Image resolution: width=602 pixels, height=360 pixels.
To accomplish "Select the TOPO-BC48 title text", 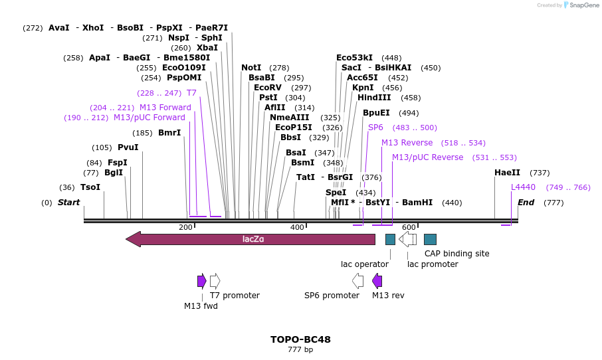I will pos(300,339).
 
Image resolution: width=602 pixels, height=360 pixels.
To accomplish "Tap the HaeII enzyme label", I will pos(507,173).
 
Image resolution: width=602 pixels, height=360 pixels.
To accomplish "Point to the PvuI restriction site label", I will pos(128,147).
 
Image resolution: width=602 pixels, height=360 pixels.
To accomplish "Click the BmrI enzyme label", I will pos(169,133).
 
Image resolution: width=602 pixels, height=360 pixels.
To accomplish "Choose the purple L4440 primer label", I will pos(523,187).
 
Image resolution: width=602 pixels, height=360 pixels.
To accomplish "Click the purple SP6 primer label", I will pos(375,128).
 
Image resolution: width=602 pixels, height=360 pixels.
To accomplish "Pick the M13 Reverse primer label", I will pos(407,143).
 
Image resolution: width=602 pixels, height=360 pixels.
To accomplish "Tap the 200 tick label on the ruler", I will pos(185,228).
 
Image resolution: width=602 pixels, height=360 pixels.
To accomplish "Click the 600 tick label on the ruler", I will pos(409,228).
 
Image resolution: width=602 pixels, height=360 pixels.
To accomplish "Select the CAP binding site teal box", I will pos(430,239).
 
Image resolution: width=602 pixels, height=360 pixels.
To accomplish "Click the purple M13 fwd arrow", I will pos(201,281).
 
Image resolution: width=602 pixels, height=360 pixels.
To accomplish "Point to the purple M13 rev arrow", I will pos(377,281).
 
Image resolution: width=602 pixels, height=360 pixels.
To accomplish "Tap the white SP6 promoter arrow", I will pos(357,281).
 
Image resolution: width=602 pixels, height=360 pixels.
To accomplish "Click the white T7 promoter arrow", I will pos(215,281).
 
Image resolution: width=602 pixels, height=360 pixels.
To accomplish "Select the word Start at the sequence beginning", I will pos(68,203).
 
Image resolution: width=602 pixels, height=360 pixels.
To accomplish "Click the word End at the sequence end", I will pos(526,203).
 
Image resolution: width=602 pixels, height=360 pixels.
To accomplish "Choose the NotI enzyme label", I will pos(251,68).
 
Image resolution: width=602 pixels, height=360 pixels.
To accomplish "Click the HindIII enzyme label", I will pos(375,98).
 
